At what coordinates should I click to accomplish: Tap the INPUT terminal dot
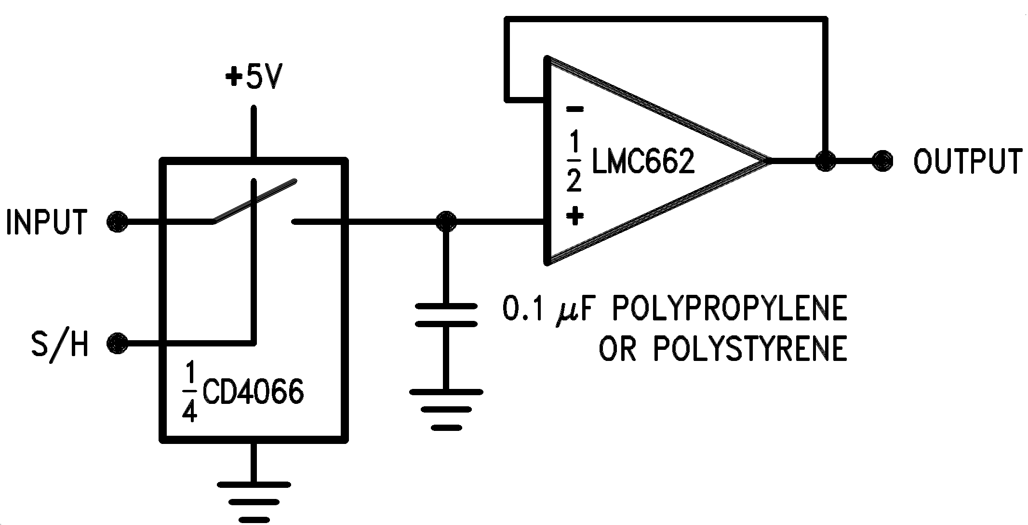pyautogui.click(x=117, y=222)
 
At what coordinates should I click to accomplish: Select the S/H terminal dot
pyautogui.click(x=117, y=344)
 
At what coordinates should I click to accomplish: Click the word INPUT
pyautogui.click(x=47, y=222)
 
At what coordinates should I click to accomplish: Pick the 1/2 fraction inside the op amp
pyautogui.click(x=574, y=163)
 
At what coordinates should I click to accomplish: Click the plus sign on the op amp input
pyautogui.click(x=574, y=216)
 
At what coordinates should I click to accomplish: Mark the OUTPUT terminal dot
pyautogui.click(x=882, y=160)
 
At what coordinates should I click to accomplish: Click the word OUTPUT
pyautogui.click(x=968, y=161)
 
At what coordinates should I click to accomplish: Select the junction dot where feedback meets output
pyautogui.click(x=826, y=160)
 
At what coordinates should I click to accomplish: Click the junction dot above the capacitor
pyautogui.click(x=445, y=221)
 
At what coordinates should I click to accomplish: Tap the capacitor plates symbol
pyautogui.click(x=446, y=315)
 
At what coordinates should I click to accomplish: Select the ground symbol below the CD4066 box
pyautogui.click(x=254, y=499)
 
